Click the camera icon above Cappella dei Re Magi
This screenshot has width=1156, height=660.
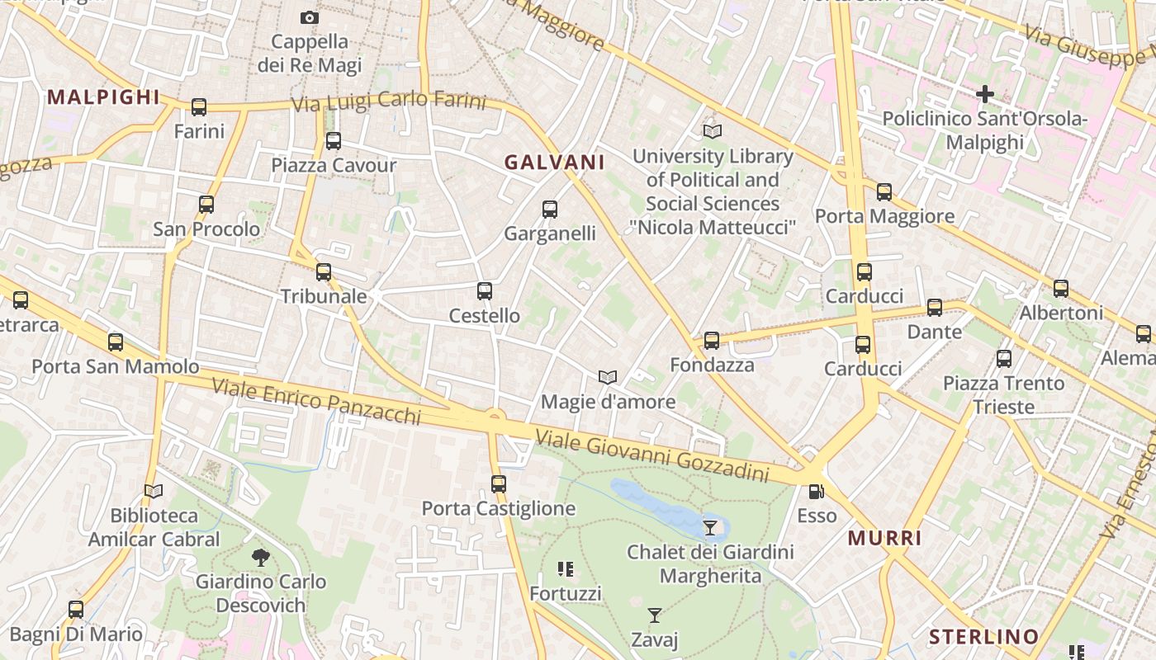pyautogui.click(x=309, y=17)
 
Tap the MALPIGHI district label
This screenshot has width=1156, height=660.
pyautogui.click(x=103, y=97)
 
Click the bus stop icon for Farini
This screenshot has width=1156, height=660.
pyautogui.click(x=199, y=107)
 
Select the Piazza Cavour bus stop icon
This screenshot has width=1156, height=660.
pyautogui.click(x=334, y=141)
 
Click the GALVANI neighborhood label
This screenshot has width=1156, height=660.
pyautogui.click(x=554, y=163)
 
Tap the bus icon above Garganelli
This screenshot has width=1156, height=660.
pyautogui.click(x=550, y=210)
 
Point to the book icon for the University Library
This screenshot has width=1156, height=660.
pyautogui.click(x=712, y=131)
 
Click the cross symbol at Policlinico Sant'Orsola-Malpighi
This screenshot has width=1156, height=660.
pyautogui.click(x=984, y=95)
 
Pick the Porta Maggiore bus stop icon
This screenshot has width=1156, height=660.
pyautogui.click(x=884, y=192)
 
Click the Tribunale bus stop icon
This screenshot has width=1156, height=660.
pyautogui.click(x=324, y=271)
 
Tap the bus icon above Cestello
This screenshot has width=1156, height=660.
pyautogui.click(x=485, y=291)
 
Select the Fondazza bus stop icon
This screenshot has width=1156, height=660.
pyautogui.click(x=712, y=340)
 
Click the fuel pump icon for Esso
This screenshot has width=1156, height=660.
pyautogui.click(x=816, y=492)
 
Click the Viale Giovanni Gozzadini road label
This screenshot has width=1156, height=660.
pyautogui.click(x=652, y=455)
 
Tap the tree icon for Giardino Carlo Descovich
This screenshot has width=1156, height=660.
pyautogui.click(x=261, y=558)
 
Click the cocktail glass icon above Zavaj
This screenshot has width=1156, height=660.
pyautogui.click(x=655, y=615)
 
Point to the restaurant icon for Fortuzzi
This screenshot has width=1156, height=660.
pyautogui.click(x=566, y=568)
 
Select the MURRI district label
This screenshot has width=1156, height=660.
pyautogui.click(x=885, y=539)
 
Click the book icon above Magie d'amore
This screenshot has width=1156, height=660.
pyautogui.click(x=608, y=377)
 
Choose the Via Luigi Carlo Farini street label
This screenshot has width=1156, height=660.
pyautogui.click(x=389, y=101)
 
